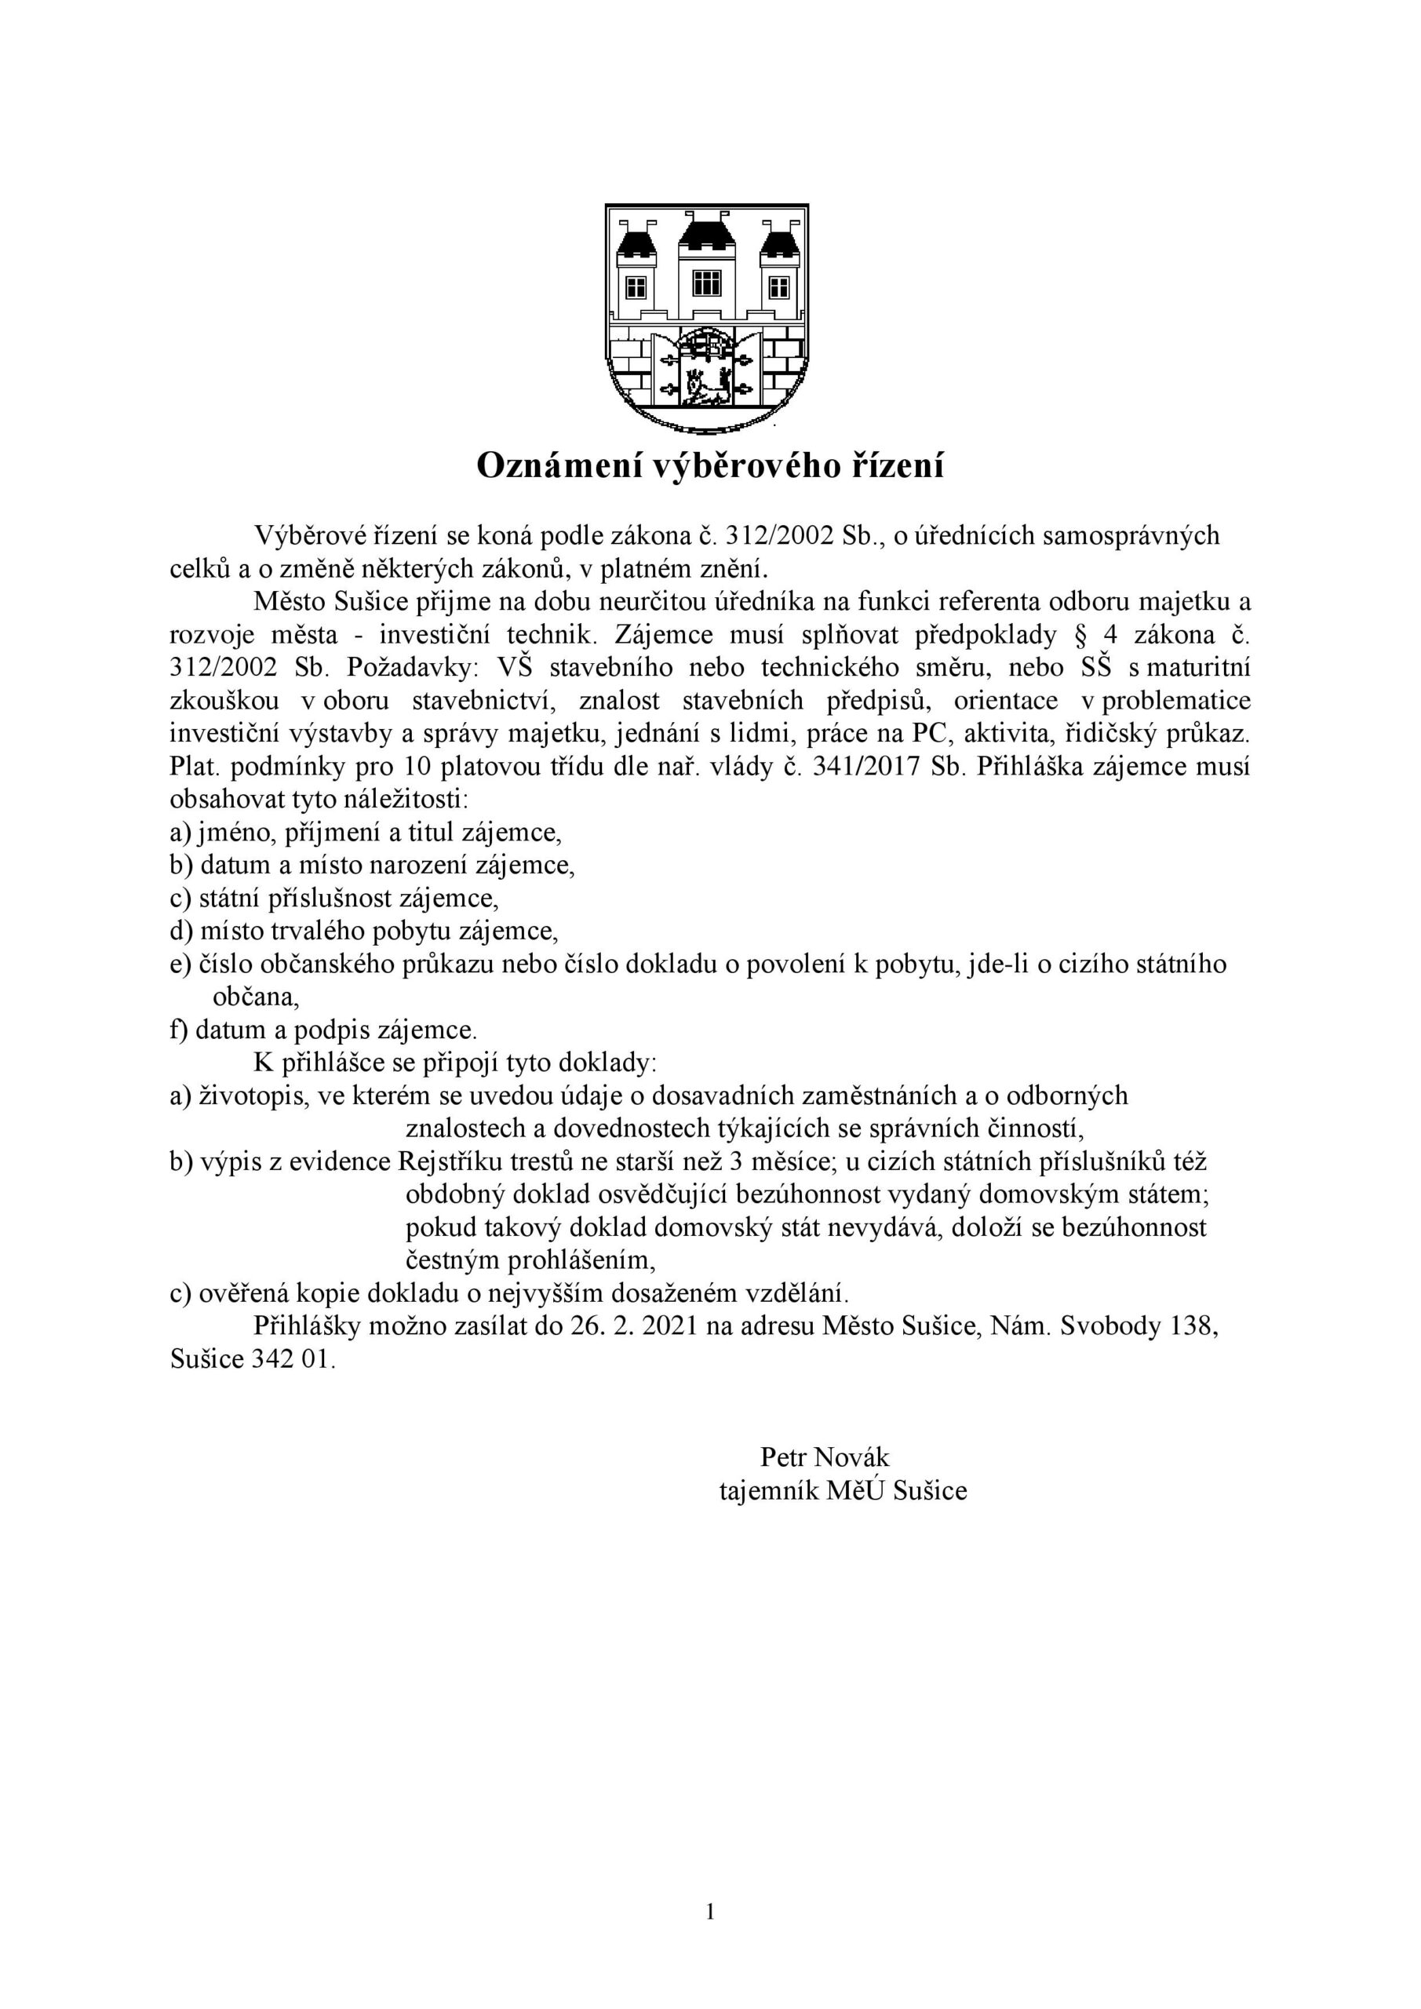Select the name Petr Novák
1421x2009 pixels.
coord(824,1457)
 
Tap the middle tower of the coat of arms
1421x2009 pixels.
coord(706,272)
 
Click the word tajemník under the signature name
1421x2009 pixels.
coord(768,1490)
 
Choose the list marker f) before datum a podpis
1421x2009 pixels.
coord(180,1030)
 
